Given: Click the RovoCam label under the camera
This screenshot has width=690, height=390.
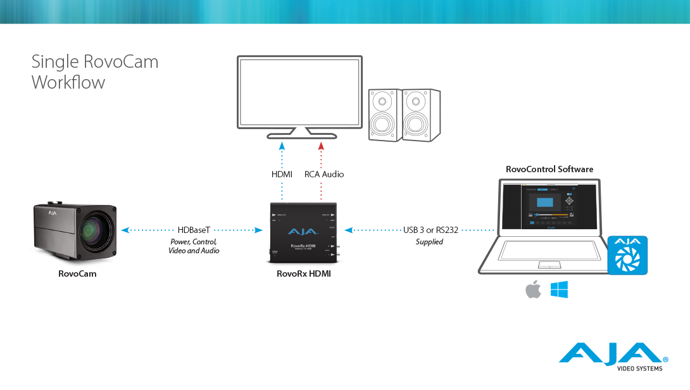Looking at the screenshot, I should [77, 274].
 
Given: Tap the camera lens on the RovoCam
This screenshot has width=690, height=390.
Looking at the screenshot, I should [96, 232].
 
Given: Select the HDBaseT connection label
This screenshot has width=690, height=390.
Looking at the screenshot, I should [193, 230].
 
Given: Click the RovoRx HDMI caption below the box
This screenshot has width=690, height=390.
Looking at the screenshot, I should [303, 274].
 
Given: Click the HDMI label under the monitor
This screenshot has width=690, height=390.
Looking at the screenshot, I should [282, 173].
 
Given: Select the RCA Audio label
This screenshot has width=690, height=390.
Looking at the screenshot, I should [324, 173].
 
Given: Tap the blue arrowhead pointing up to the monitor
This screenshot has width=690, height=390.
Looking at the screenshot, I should [282, 146].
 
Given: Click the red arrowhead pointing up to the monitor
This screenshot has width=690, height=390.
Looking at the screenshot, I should [321, 146].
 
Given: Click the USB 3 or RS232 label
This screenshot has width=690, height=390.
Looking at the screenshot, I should [430, 230].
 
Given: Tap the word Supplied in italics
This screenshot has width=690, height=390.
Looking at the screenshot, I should [429, 242].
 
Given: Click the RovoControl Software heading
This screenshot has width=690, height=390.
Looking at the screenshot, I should [549, 169].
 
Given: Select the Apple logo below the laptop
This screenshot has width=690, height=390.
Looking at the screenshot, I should [534, 291].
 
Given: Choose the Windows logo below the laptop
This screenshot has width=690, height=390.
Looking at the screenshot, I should [559, 291].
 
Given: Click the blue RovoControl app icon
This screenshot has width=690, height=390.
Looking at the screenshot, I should [627, 255].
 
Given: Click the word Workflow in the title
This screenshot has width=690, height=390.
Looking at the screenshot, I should [68, 82].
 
